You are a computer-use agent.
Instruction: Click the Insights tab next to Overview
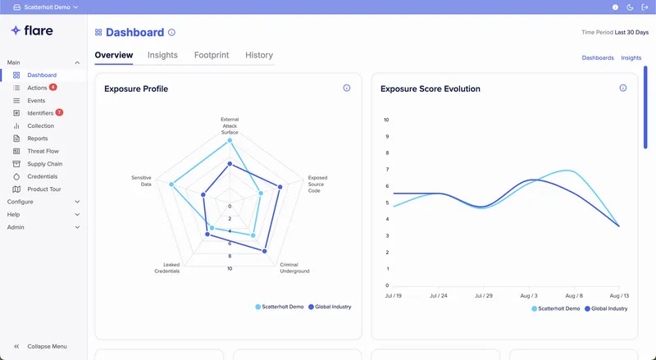click(162, 55)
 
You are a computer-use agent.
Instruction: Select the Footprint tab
click(212, 55)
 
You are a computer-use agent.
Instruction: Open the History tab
click(259, 55)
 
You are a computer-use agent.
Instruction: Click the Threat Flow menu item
click(43, 151)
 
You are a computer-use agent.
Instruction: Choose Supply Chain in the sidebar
click(45, 164)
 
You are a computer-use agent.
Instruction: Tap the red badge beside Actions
click(53, 87)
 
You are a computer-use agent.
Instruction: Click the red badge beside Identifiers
click(59, 112)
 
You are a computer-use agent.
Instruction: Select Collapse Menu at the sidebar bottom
click(47, 346)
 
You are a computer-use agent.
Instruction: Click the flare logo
click(32, 30)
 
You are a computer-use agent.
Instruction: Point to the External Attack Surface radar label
click(230, 125)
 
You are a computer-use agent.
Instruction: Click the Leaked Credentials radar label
click(167, 268)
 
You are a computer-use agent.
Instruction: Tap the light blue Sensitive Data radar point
click(171, 185)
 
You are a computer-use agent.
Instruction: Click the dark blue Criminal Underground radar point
click(264, 251)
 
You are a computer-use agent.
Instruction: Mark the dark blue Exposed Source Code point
click(280, 187)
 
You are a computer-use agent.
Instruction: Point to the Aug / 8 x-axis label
click(574, 295)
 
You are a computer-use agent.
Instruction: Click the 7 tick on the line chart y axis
click(387, 170)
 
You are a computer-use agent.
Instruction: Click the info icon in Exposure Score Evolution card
click(623, 88)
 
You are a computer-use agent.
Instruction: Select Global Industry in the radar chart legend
click(330, 307)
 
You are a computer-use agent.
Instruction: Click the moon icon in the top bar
click(630, 7)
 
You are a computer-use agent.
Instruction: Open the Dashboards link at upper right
click(598, 57)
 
